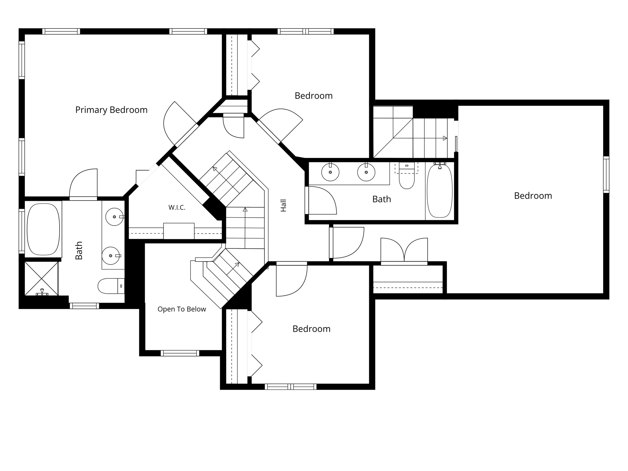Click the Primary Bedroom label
pos(111,110)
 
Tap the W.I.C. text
pos(177,208)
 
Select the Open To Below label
pos(182,309)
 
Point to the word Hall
pos(283,205)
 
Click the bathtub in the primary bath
pos(43,229)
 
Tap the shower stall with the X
pos(41,278)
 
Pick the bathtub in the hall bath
pos(440,191)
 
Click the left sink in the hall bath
pos(330,172)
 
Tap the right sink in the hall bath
pos(366,172)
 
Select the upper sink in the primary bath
pos(114,217)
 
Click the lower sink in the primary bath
pos(111,256)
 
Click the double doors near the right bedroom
pos(404,250)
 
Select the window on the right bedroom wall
pos(606,174)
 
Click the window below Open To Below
pos(180,353)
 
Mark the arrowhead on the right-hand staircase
pos(445,138)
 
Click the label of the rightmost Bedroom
pos(533,196)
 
